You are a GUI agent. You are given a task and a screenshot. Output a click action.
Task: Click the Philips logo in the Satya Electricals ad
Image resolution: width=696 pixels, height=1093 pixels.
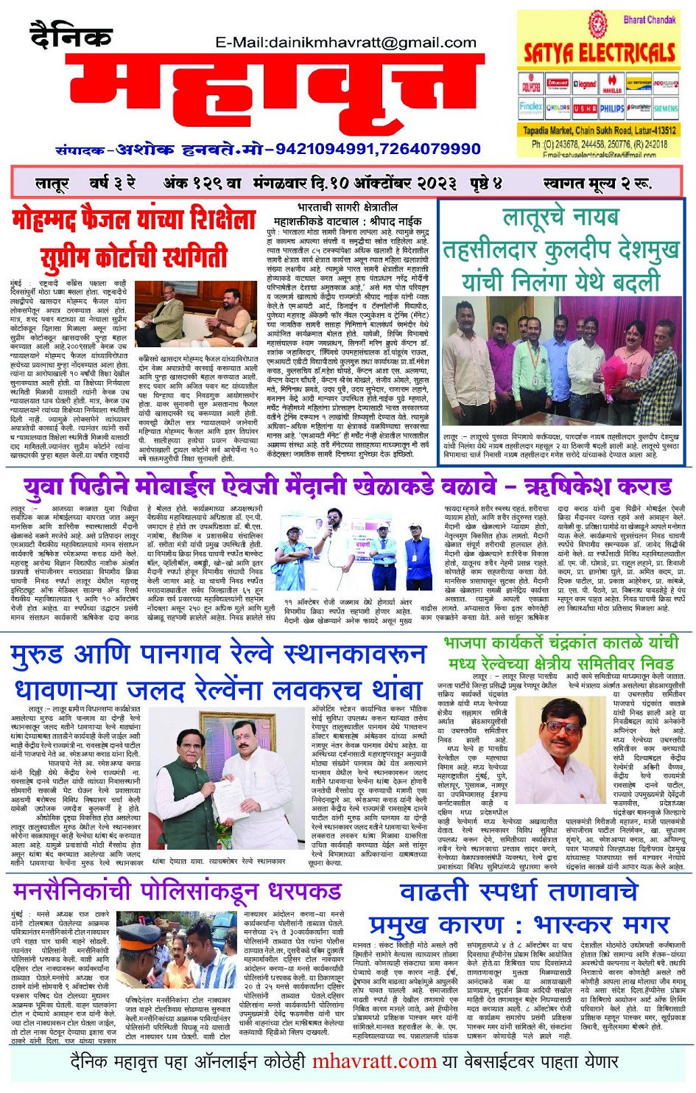[x=611, y=108]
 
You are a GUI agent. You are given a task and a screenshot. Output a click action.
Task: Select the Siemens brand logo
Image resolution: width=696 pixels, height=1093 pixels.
[x=665, y=108]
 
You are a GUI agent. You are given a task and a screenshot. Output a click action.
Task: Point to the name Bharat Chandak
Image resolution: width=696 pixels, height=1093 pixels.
[x=649, y=20]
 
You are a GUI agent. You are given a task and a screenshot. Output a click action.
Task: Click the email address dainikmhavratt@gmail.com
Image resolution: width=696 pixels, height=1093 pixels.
[x=345, y=43]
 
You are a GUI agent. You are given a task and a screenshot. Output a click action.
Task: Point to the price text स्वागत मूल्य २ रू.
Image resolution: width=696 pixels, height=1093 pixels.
[x=597, y=182]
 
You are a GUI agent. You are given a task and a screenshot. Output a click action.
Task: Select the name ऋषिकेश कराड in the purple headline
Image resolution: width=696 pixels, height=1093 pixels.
[x=597, y=486]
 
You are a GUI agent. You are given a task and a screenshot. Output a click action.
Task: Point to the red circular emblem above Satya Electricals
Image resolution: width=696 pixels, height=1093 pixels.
[x=596, y=21]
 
